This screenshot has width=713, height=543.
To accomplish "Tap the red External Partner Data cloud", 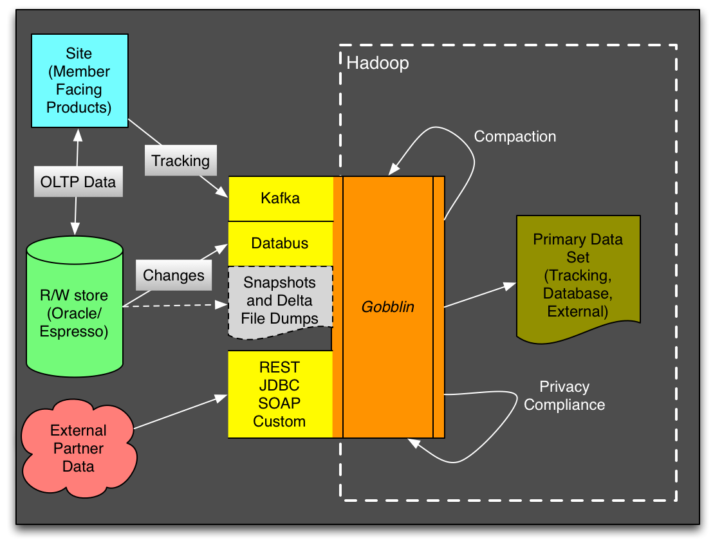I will click(x=79, y=448).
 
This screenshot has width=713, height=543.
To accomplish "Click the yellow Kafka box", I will click(x=281, y=198).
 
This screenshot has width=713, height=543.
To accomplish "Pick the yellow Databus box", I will click(x=281, y=243).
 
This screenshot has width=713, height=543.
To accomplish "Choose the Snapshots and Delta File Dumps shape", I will click(x=281, y=300).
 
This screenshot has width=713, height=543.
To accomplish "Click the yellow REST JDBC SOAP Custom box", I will click(x=281, y=394).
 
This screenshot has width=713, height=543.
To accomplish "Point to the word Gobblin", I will click(x=387, y=307).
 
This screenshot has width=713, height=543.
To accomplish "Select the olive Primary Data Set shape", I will click(x=577, y=275).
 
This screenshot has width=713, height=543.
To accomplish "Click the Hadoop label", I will click(x=378, y=64).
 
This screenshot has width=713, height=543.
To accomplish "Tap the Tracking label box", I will click(x=181, y=160).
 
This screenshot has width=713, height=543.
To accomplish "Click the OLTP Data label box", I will click(x=78, y=182).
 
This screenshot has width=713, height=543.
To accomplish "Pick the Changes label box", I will click(x=174, y=275).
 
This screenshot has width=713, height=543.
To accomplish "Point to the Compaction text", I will click(x=515, y=136).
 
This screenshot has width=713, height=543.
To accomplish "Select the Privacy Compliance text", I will click(x=564, y=396).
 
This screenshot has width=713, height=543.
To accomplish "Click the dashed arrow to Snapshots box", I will click(x=174, y=306).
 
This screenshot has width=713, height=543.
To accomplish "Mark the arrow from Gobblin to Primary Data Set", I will click(x=479, y=295).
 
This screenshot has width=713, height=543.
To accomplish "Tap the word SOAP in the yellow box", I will click(x=279, y=403).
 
